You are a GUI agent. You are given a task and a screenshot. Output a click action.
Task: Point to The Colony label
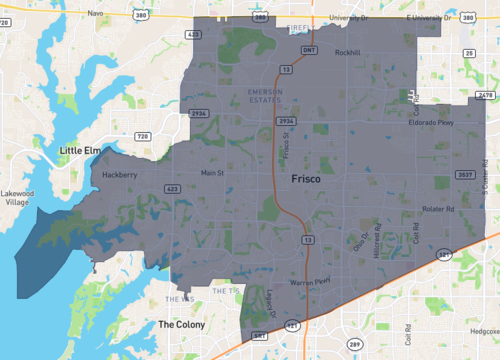pyautogui.click(x=181, y=324)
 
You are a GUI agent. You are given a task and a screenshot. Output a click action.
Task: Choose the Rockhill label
pyautogui.click(x=347, y=52)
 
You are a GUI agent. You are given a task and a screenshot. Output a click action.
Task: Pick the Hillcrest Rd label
pyautogui.click(x=377, y=240)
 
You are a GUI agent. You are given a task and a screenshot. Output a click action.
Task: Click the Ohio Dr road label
pyautogui.click(x=358, y=242)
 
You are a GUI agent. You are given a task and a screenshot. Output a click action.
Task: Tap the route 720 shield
pyautogui.click(x=142, y=135)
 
